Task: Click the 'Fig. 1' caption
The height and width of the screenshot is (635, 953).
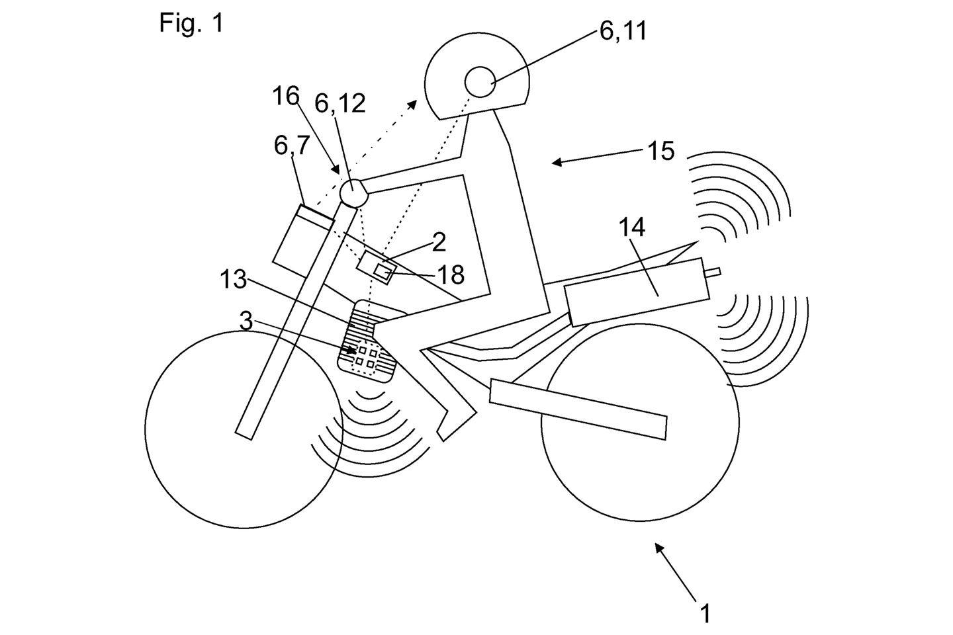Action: click(x=191, y=23)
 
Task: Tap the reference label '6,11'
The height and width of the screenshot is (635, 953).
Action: click(x=623, y=31)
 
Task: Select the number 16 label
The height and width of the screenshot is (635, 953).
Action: click(x=287, y=97)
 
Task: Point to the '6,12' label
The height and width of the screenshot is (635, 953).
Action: click(x=340, y=103)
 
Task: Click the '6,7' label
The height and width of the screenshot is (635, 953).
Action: click(x=292, y=146)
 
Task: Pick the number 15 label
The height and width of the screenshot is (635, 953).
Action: click(x=660, y=151)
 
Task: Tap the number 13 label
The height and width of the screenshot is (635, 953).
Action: click(x=233, y=280)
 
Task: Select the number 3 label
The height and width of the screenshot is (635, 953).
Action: click(x=246, y=323)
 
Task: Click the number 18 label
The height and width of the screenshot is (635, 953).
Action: click(x=450, y=274)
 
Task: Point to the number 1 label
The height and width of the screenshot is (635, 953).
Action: click(x=705, y=613)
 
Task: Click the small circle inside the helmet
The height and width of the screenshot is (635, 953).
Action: click(x=480, y=83)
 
